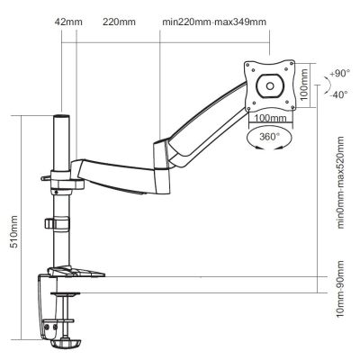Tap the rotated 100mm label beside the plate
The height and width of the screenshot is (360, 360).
tap(303, 85)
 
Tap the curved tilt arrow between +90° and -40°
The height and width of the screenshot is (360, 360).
tap(323, 82)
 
